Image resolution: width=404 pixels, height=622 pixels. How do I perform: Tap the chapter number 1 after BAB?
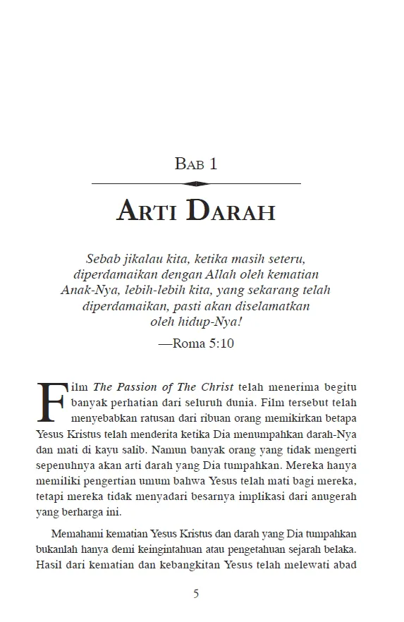coord(214,164)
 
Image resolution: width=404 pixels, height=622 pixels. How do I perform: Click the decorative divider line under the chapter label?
coord(197,183)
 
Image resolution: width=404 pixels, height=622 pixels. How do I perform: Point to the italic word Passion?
coord(140,388)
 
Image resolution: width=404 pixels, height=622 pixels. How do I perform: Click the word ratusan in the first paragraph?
coord(153,419)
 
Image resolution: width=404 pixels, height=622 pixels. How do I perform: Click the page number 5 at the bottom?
coord(197,594)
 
